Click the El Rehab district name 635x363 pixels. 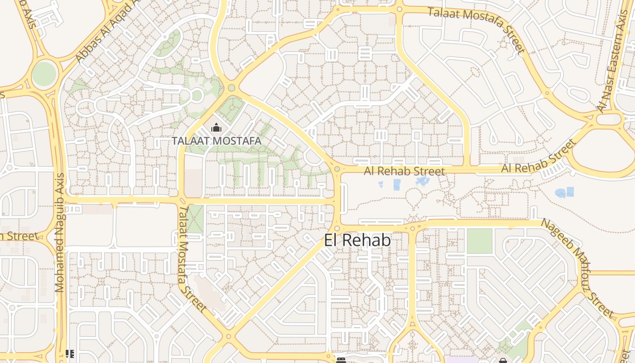(x=357, y=240)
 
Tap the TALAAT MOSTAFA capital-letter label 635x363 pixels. (x=216, y=141)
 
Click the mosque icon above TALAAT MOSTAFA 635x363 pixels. (x=216, y=128)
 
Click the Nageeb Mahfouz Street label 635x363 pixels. (x=578, y=268)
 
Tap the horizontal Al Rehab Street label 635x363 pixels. (x=404, y=172)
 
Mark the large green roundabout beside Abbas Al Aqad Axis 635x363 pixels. (x=44, y=74)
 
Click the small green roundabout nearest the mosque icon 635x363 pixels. (x=231, y=88)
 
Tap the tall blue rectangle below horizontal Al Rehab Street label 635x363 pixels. (x=397, y=185)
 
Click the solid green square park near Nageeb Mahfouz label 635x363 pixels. (x=479, y=241)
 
